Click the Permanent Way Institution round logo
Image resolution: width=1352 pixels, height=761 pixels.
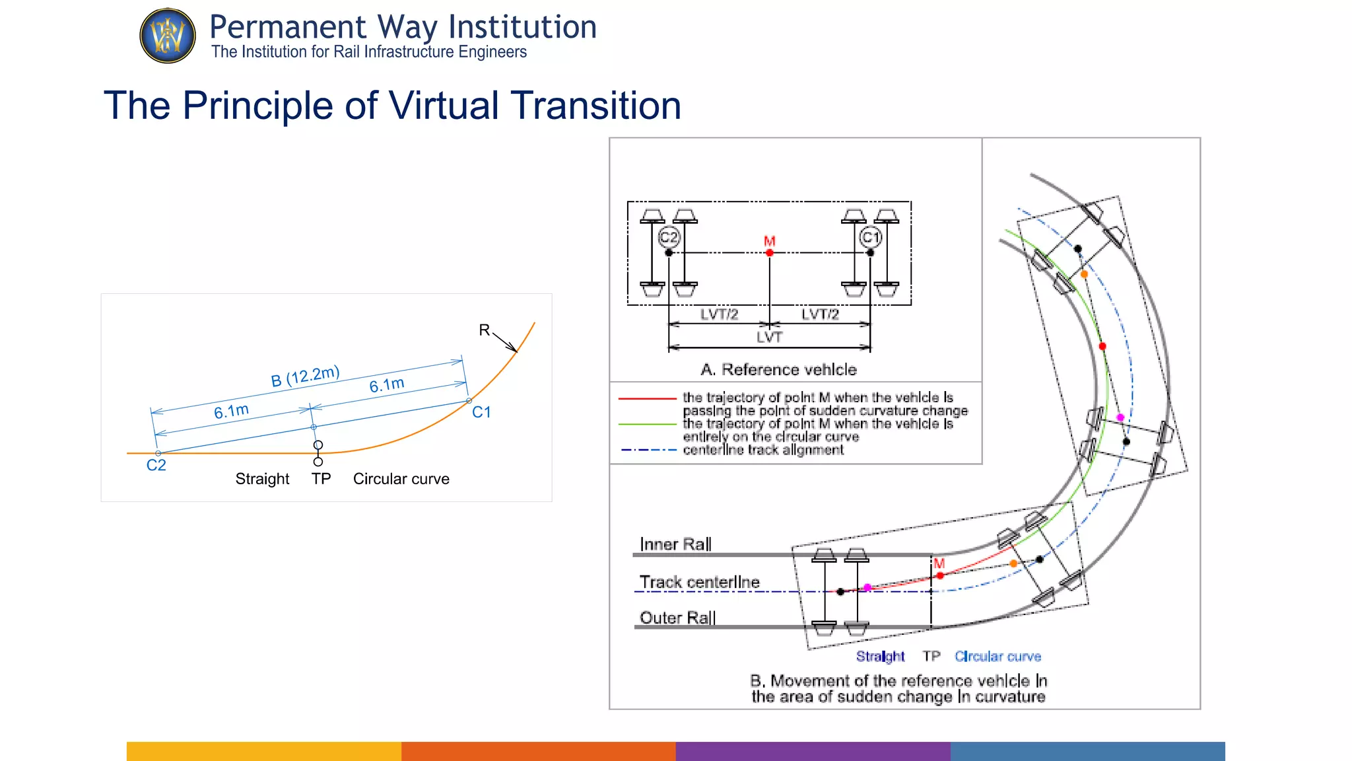tap(168, 36)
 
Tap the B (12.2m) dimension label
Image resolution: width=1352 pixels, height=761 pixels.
tap(305, 377)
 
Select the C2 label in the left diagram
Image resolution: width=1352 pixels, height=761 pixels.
tap(156, 465)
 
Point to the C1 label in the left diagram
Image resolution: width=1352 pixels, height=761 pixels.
tap(481, 412)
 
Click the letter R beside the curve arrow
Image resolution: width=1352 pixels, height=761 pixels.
tap(485, 330)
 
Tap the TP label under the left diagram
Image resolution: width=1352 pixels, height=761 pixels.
tap(321, 479)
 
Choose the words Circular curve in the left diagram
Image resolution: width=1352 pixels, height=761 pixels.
tap(401, 479)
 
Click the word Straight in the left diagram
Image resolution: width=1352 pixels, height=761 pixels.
tap(262, 479)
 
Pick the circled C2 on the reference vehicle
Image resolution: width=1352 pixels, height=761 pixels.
tap(669, 237)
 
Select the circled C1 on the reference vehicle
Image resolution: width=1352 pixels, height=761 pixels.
tap(871, 237)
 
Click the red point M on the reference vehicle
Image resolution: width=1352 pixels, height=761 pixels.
tap(770, 252)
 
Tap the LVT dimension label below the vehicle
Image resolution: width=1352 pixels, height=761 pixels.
tap(770, 337)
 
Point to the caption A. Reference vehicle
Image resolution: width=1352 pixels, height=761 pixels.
tap(779, 369)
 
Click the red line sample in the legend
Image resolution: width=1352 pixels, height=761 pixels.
tap(648, 399)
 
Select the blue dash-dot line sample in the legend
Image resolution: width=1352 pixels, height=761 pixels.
tap(648, 450)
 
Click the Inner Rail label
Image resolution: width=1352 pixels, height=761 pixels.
tap(675, 544)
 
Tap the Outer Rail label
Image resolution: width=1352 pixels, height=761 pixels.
tap(677, 618)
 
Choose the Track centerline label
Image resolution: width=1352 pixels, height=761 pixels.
tap(699, 582)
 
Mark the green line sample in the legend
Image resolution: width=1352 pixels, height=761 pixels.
tap(648, 424)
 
